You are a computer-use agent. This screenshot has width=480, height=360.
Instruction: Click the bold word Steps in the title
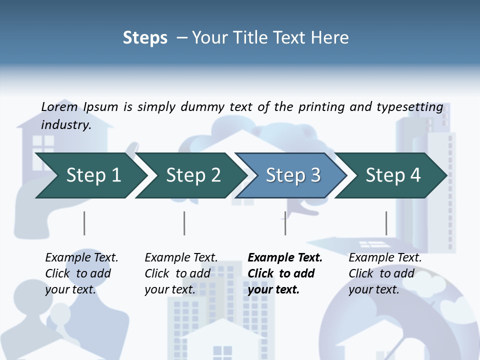(145, 37)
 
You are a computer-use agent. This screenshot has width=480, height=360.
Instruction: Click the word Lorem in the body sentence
(59, 106)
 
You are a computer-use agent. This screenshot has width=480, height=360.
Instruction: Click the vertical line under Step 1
(84, 223)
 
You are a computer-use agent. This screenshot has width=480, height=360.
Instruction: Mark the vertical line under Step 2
(184, 223)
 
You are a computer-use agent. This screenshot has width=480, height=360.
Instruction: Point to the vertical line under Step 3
(285, 223)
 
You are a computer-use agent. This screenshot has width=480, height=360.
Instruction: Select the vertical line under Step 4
(386, 223)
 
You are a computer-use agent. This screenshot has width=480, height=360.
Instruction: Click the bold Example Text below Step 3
(285, 257)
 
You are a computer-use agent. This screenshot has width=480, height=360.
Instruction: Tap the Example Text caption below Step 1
(81, 257)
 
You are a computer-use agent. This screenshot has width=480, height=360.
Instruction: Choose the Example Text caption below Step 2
(181, 257)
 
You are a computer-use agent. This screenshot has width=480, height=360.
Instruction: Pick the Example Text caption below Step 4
(385, 257)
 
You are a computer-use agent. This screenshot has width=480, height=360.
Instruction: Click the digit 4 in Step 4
(415, 175)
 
